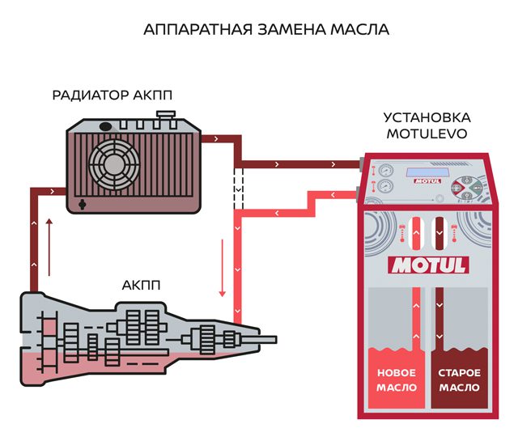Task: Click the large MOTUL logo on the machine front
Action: [429, 265]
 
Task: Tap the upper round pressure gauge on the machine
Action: [384, 172]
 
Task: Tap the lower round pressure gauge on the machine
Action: [384, 189]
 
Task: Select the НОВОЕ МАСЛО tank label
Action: [397, 380]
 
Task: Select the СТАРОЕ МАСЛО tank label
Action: [460, 380]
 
